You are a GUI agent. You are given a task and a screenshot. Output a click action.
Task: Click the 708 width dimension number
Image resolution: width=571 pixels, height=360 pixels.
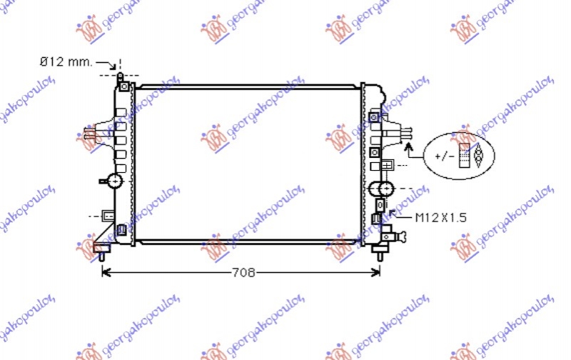pyautogui.click(x=243, y=272)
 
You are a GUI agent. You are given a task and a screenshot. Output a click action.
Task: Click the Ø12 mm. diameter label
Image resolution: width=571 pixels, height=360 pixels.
pyautogui.click(x=66, y=62)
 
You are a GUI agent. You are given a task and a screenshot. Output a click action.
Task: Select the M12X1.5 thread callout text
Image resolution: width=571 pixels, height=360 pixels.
pyautogui.click(x=442, y=218)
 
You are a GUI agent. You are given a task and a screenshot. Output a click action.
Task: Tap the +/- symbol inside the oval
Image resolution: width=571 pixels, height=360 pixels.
pyautogui.click(x=444, y=155)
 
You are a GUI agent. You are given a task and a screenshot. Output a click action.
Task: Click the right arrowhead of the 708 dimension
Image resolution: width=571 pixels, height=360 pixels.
pyautogui.click(x=377, y=272)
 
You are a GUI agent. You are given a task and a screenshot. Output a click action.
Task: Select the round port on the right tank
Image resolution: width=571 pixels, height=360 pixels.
pyautogui.click(x=382, y=189)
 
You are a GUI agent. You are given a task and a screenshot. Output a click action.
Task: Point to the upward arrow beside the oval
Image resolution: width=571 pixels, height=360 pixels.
pyautogui.click(x=409, y=148)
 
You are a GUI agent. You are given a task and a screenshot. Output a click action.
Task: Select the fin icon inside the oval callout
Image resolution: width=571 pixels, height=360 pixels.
pyautogui.click(x=470, y=154)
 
